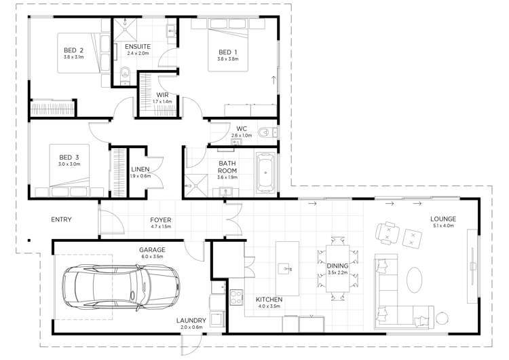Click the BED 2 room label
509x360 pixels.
[x=74, y=50]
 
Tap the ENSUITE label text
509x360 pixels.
[x=137, y=46]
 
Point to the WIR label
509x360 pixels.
[x=162, y=94]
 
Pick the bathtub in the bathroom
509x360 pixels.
[x=265, y=171]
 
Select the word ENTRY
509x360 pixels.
[x=62, y=219]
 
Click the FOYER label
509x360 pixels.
[x=161, y=220]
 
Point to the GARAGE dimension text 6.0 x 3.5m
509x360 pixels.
[x=153, y=257]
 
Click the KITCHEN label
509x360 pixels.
[x=269, y=300]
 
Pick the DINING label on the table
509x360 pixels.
[x=337, y=266]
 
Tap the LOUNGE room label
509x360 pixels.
[x=442, y=219]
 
